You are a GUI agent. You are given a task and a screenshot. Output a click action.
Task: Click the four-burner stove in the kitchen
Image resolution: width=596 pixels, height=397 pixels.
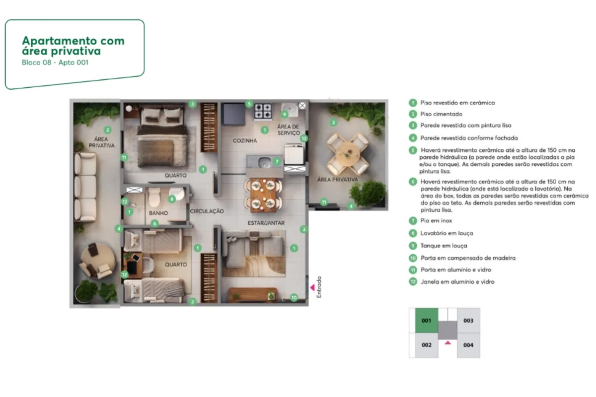pos(263,111)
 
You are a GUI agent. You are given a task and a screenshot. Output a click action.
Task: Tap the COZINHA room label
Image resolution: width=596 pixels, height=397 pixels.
pos(245,140)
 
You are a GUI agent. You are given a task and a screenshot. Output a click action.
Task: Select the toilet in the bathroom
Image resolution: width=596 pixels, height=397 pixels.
pos(154,197)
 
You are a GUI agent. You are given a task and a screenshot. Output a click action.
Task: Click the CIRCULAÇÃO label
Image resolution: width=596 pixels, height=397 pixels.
pos(207,211)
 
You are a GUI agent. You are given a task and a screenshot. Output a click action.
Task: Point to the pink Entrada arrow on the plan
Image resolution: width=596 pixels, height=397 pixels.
pos(312,287)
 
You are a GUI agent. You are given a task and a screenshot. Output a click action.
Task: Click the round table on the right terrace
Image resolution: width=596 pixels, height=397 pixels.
pos(348,154)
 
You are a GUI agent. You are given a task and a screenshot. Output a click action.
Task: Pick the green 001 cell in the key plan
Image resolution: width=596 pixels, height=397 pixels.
pos(427,321)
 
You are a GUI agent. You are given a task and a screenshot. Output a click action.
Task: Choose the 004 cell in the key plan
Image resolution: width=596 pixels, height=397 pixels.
pos(468,345)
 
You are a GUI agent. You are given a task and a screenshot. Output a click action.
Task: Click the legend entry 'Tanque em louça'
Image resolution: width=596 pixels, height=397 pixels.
pos(444,246)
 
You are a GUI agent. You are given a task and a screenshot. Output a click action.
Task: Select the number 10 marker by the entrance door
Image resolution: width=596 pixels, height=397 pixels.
pos(294,297)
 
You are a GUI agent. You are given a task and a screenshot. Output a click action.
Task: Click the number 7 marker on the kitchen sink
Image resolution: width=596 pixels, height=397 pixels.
pos(277,161)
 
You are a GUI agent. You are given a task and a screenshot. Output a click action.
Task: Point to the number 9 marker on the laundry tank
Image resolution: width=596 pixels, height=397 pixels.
pos(285,115)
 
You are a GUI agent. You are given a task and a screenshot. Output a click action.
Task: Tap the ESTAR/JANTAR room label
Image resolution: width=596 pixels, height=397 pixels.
pos(266,223)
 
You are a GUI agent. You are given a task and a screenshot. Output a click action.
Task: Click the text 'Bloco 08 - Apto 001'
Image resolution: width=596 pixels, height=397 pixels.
pos(55,63)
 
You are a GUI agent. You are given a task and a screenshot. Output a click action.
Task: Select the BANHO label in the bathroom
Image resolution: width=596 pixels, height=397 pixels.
pos(158,213)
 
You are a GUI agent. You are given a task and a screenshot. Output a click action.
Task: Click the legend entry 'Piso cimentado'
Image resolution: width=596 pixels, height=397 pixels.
pos(441,114)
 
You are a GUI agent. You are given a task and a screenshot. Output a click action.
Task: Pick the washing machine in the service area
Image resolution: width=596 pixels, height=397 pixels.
pos(294,154)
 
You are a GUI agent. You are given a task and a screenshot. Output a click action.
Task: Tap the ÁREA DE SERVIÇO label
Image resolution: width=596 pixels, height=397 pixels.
pos(289,130)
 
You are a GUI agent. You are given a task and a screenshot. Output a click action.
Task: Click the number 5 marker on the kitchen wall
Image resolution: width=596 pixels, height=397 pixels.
pos(249,104)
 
